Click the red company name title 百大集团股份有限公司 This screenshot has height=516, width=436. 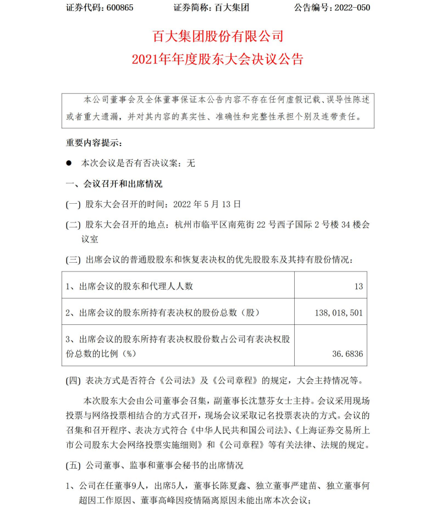coord(218,37)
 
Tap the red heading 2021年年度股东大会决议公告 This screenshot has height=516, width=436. coord(218,59)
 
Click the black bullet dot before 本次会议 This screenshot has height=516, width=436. coord(69,164)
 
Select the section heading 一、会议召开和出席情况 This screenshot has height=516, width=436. coord(114,183)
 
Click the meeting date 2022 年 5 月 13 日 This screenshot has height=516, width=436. coord(207,204)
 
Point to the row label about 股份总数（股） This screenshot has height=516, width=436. coord(162,313)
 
